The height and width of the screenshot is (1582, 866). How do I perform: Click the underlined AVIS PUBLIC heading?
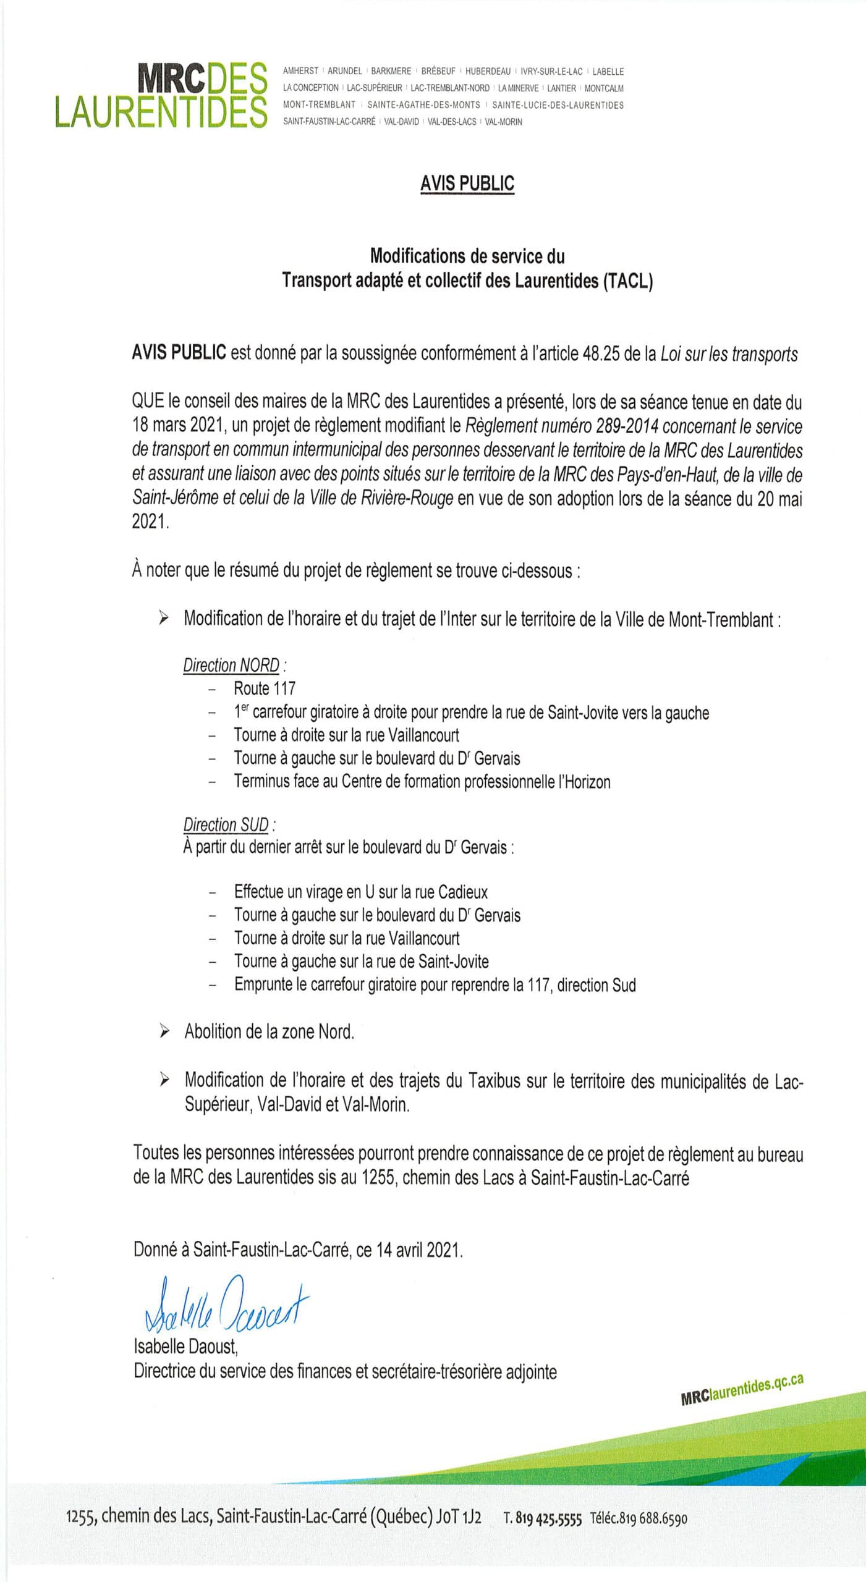tap(467, 184)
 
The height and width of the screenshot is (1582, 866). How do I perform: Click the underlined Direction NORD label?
tap(232, 666)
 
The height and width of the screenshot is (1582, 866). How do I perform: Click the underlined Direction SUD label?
tap(226, 825)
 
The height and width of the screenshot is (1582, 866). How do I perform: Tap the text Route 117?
tap(265, 688)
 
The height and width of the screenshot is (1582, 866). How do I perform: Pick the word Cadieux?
tap(462, 892)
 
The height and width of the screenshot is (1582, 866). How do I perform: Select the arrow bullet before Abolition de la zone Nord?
tap(164, 1031)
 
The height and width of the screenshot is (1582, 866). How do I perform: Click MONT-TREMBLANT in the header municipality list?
tap(319, 105)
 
